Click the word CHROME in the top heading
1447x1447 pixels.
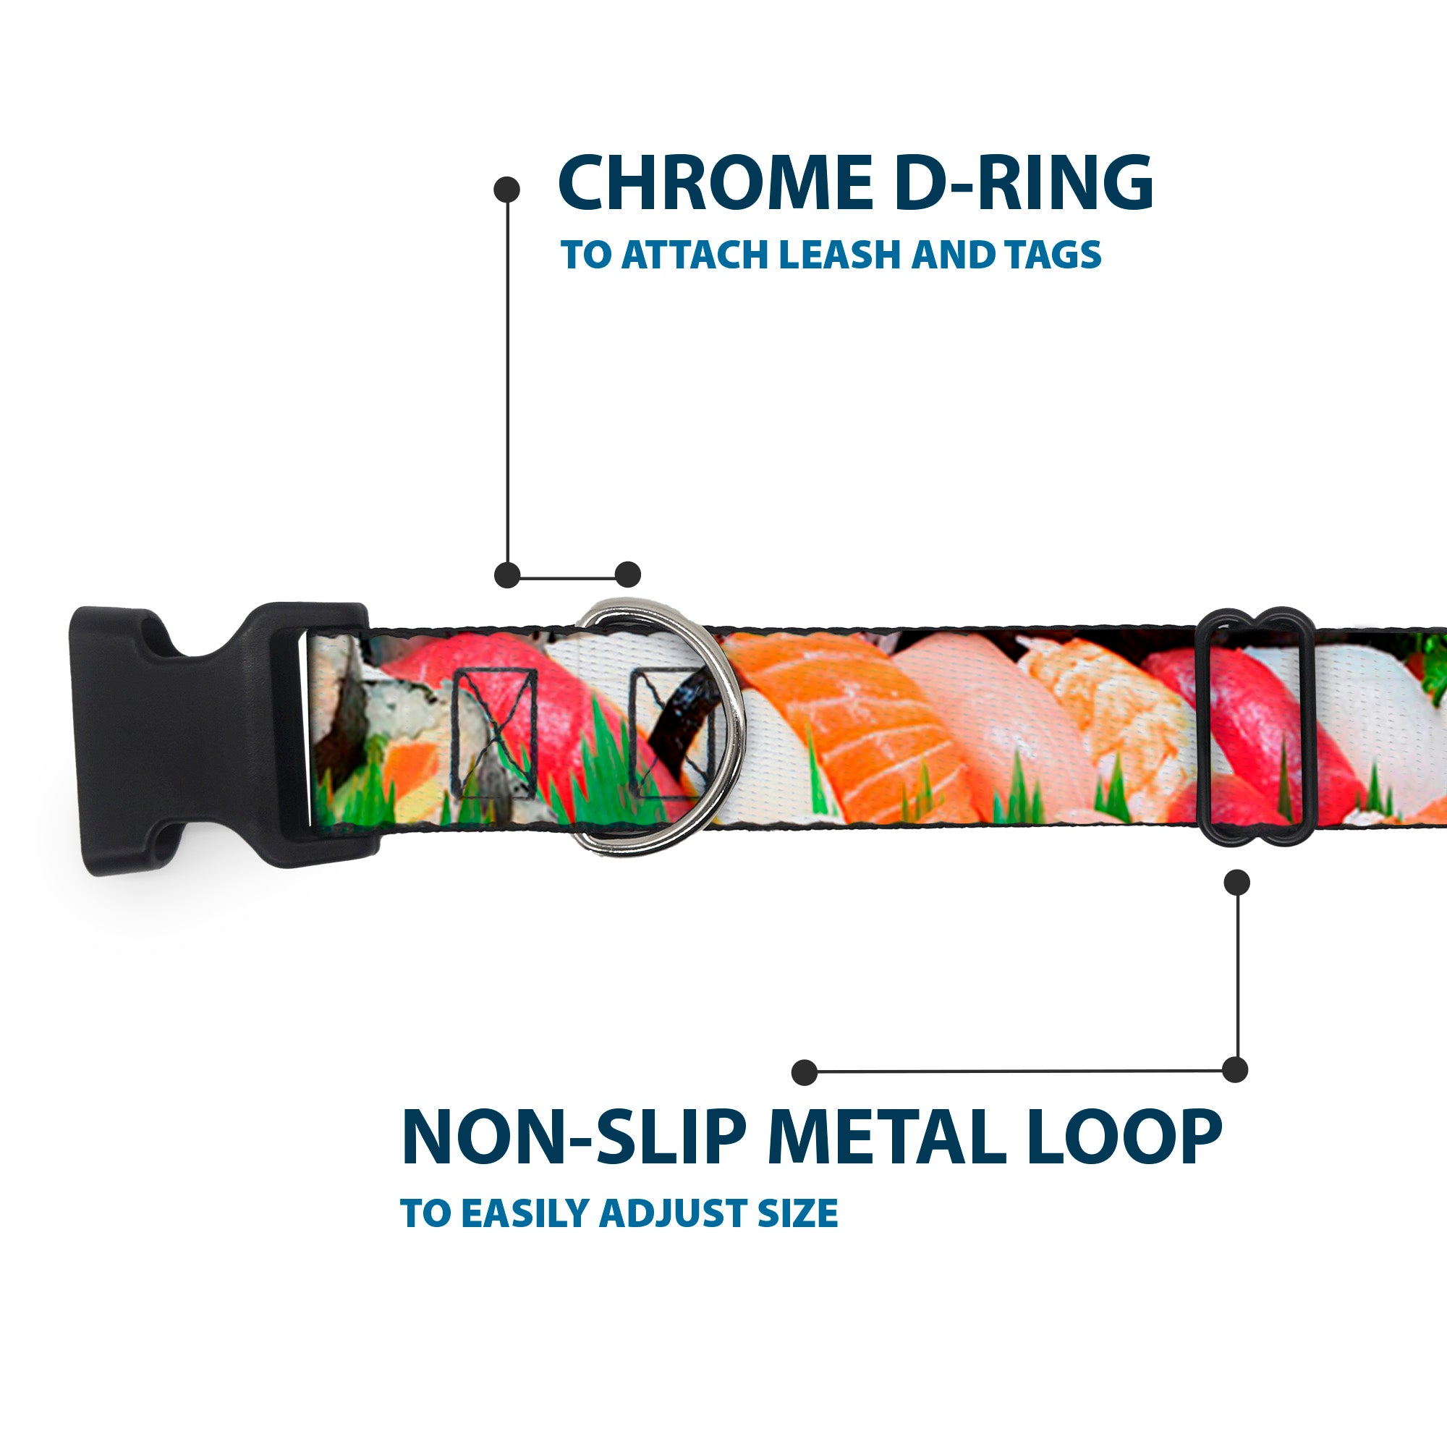point(716,183)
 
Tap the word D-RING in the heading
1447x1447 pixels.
point(1023,183)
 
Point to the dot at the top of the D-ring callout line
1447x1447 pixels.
point(507,190)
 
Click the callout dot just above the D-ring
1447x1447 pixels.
point(627,574)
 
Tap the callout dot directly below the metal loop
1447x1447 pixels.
point(1236,882)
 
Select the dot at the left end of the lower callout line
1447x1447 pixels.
point(805,1072)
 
